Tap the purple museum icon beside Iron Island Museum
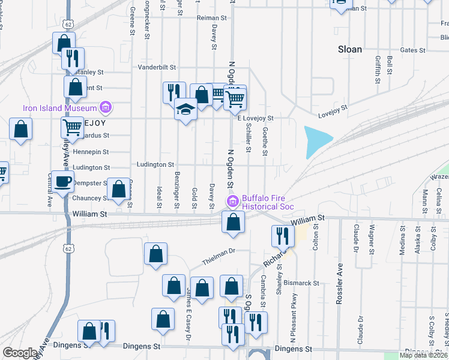(106, 108)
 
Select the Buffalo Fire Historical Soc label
(268, 203)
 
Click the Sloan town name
(350, 49)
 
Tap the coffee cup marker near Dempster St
(62, 181)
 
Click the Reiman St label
(211, 18)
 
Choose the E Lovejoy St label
(256, 118)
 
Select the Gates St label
(412, 50)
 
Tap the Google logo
(20, 353)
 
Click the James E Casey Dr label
(188, 314)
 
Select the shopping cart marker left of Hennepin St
(73, 127)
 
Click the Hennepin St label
(91, 152)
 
